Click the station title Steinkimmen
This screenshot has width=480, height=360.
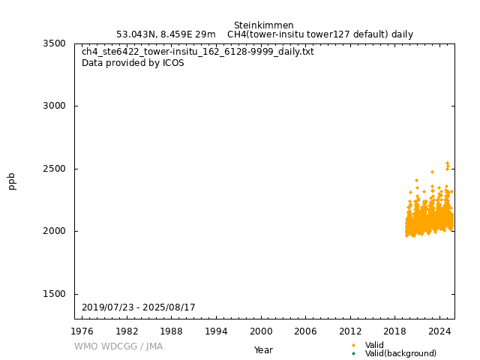point(263,25)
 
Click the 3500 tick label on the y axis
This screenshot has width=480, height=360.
point(53,43)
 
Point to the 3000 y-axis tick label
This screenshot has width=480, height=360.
point(53,106)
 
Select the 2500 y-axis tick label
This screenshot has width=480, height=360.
point(53,169)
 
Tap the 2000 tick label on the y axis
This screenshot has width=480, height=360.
point(53,231)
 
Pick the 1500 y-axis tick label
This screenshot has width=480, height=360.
point(53,294)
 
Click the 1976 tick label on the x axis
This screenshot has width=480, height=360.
point(82,331)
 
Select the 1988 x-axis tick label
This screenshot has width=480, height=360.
point(171,331)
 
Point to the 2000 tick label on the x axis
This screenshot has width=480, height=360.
point(261,331)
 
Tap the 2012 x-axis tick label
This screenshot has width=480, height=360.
point(350,331)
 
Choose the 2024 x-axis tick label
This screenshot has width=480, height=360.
point(439,331)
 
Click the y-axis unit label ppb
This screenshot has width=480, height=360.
point(12,181)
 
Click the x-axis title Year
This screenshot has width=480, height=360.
point(263,349)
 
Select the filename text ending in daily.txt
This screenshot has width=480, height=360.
point(198,52)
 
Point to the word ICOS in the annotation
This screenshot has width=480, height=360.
point(173,63)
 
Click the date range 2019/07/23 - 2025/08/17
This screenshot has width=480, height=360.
point(138,307)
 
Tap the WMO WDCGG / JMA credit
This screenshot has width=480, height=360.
point(118,346)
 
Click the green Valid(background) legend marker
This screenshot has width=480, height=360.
point(353,353)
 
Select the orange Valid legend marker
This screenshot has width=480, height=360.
point(353,345)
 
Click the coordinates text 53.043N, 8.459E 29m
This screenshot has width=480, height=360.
point(166,34)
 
